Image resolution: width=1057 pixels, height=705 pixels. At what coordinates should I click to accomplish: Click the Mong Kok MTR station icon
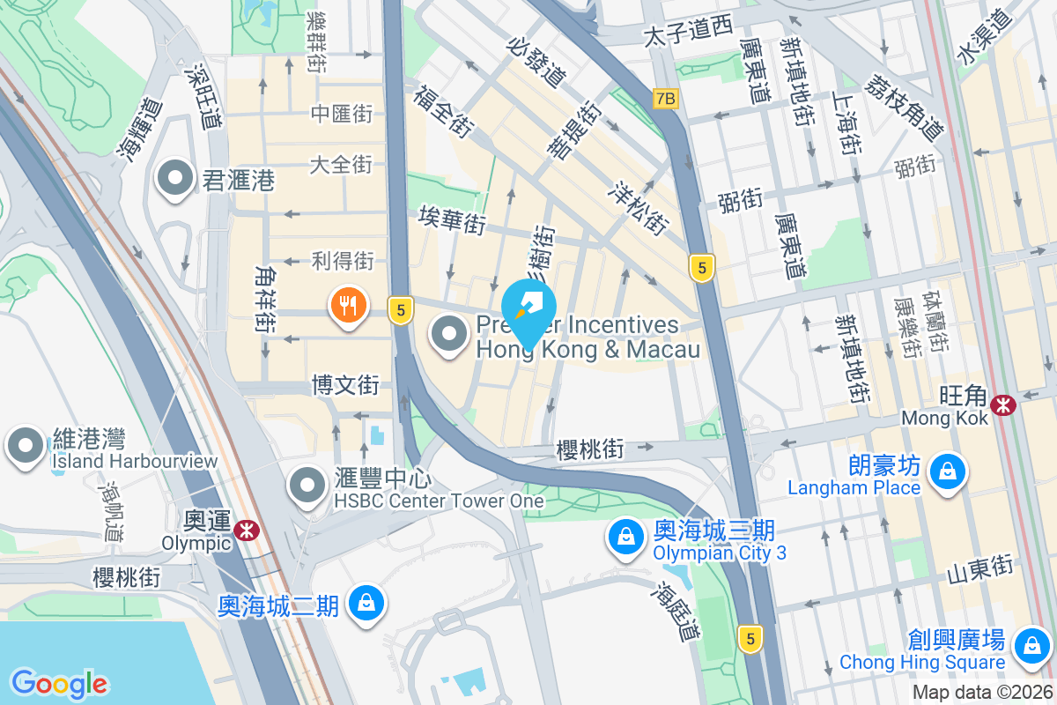point(1002,404)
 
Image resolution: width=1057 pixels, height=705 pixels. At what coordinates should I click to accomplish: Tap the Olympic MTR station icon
point(246,529)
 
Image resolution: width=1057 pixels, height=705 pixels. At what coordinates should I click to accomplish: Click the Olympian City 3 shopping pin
point(625,535)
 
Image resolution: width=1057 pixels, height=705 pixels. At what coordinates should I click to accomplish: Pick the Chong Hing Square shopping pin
point(1029,645)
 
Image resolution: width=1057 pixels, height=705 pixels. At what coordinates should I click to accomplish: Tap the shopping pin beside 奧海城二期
point(364,603)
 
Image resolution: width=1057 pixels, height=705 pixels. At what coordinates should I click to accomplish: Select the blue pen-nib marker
point(528,308)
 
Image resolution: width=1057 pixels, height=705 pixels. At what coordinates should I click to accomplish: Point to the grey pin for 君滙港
point(175,179)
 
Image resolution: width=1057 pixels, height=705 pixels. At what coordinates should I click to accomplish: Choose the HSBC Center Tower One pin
point(307,484)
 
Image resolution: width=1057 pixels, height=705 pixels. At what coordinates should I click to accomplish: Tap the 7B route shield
point(666,100)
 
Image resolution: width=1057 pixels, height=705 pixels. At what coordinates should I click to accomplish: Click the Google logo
point(59,684)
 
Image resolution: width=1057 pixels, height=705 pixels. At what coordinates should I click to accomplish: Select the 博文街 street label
point(345,385)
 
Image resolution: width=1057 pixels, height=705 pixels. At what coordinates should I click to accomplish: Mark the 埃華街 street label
point(453,219)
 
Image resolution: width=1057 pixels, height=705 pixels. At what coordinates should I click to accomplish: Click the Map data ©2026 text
point(982,692)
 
